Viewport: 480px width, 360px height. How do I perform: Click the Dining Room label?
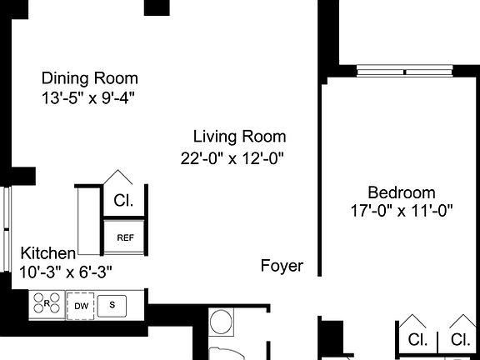tap(90, 78)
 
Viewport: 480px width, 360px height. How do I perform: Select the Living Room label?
tap(239, 137)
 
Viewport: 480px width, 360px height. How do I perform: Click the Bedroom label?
tap(402, 192)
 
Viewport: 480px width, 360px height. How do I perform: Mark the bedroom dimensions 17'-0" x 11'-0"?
tap(402, 211)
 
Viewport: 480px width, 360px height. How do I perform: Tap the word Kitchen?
tap(48, 253)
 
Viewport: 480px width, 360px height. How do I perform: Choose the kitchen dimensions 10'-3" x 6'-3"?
tap(66, 271)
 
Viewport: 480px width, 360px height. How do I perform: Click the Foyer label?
tap(282, 267)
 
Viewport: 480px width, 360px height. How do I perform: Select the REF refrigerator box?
tap(125, 237)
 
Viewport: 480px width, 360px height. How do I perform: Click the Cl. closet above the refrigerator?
tap(123, 201)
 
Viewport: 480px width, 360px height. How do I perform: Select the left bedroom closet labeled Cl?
tap(417, 339)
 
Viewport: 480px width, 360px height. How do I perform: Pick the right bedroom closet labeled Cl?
tap(460, 339)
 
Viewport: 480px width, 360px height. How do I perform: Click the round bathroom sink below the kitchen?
tap(222, 322)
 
